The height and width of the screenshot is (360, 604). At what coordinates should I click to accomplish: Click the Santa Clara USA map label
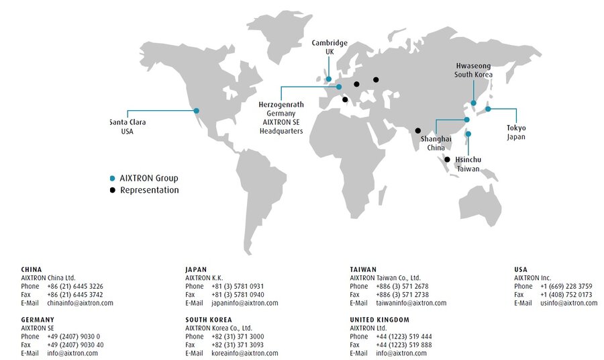[x=128, y=127]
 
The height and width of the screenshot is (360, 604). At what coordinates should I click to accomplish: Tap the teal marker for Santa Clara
[x=197, y=110]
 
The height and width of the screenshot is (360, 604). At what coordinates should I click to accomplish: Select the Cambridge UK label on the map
[x=330, y=48]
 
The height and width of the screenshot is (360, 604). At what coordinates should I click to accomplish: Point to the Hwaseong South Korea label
[x=473, y=71]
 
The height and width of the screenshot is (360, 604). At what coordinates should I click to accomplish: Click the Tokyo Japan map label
[x=516, y=132]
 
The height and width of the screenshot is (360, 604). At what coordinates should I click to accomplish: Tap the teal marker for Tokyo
[x=488, y=109]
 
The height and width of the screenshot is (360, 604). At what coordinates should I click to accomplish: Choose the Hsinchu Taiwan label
[x=468, y=165]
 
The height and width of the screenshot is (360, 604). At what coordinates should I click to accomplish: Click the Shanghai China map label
[x=436, y=143]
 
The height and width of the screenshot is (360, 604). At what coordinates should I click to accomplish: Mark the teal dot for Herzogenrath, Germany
[x=339, y=87]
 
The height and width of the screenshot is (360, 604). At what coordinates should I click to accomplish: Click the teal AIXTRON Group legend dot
[x=112, y=179]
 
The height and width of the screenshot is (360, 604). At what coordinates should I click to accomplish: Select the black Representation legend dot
[x=112, y=190]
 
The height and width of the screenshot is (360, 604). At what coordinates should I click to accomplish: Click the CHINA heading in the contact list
[x=32, y=269]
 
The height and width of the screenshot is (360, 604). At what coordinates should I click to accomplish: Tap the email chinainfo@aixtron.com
[x=80, y=303]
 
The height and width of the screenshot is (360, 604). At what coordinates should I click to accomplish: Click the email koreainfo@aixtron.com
[x=244, y=353]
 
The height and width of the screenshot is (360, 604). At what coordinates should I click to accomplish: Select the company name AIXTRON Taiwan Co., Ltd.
[x=385, y=277]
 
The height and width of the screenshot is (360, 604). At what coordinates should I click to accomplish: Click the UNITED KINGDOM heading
[x=379, y=320]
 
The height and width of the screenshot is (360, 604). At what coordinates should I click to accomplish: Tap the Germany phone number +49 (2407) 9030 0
[x=74, y=336]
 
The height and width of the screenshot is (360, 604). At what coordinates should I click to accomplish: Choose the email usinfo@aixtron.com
[x=568, y=303]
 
